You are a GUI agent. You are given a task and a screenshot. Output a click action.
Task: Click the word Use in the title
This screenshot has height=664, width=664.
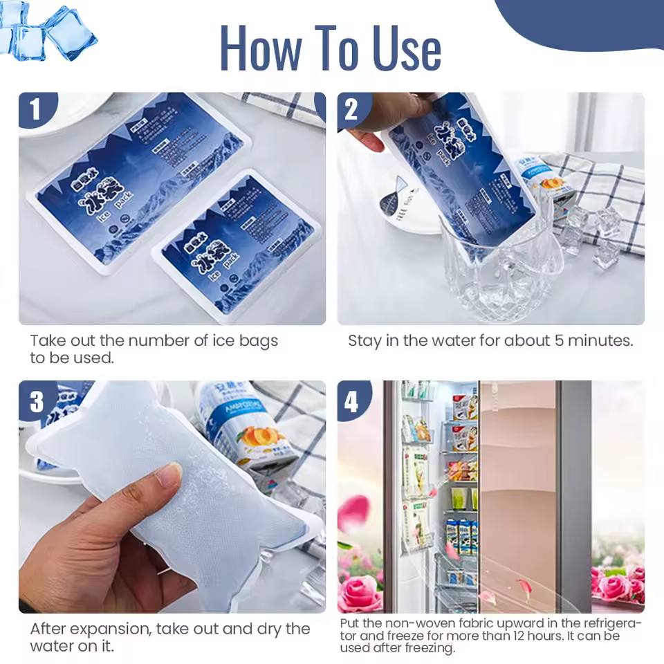tap(407, 48)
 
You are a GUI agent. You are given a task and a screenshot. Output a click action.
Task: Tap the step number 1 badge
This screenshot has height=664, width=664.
tap(35, 110)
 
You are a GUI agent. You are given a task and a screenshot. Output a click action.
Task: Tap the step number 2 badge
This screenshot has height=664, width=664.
tap(353, 110)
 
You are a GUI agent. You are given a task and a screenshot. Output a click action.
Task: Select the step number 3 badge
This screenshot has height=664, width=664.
tap(35, 400)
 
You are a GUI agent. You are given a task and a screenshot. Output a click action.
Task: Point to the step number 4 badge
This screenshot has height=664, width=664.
tap(353, 400)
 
